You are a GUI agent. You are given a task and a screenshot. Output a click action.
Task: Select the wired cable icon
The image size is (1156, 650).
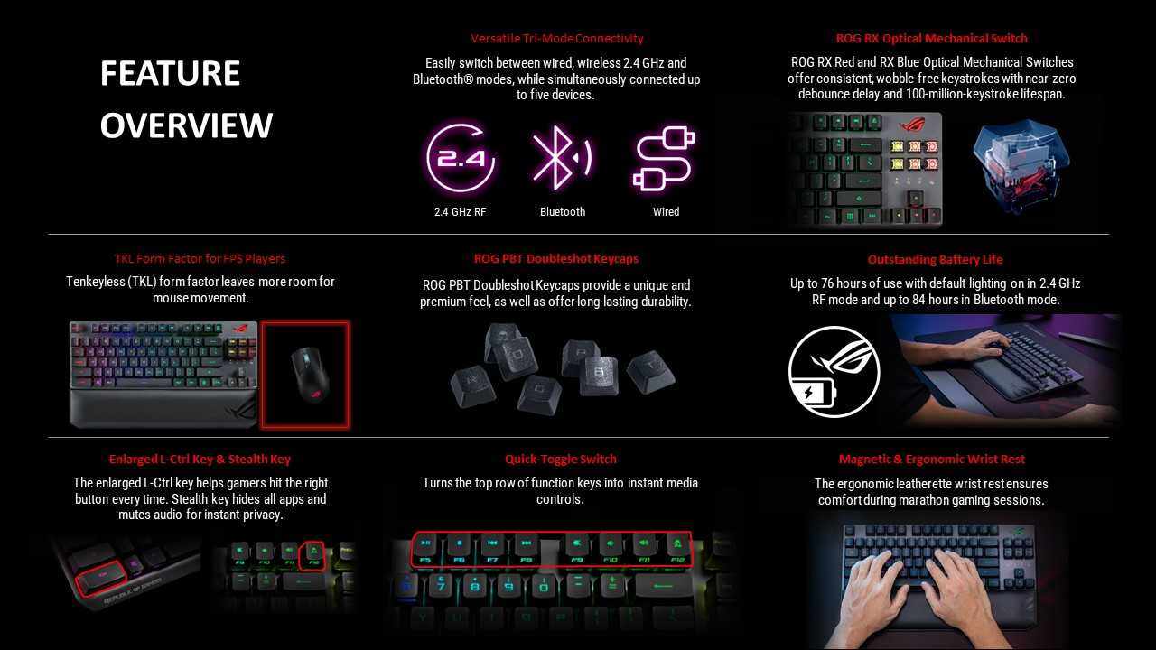[x=664, y=158]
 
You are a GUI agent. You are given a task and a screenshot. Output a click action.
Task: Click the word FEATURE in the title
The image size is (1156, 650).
[x=170, y=73]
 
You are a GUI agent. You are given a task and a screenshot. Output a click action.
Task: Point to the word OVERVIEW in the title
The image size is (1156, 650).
[x=186, y=125]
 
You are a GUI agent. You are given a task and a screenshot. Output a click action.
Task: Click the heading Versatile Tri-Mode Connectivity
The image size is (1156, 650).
[x=557, y=38]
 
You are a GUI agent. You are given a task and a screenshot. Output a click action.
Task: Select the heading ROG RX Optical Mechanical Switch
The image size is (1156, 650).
[x=931, y=38]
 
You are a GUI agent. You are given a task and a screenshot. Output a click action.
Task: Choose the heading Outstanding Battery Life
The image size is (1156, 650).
[x=935, y=259]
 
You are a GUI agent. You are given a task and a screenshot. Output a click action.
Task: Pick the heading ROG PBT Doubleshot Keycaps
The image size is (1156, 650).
[x=555, y=258]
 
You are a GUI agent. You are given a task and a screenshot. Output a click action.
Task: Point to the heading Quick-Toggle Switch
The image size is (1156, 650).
[x=561, y=459]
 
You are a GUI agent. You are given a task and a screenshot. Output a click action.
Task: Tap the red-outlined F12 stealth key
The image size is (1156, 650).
[x=312, y=555]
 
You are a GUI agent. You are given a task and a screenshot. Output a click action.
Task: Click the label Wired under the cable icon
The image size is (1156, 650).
[x=666, y=211]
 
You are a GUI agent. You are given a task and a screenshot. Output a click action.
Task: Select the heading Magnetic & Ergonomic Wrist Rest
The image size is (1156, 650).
[x=931, y=459]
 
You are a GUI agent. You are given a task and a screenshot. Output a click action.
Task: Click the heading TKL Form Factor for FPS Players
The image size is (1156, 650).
[x=200, y=258]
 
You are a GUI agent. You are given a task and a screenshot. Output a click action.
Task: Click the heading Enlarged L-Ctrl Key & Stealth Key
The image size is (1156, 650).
[x=200, y=459]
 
